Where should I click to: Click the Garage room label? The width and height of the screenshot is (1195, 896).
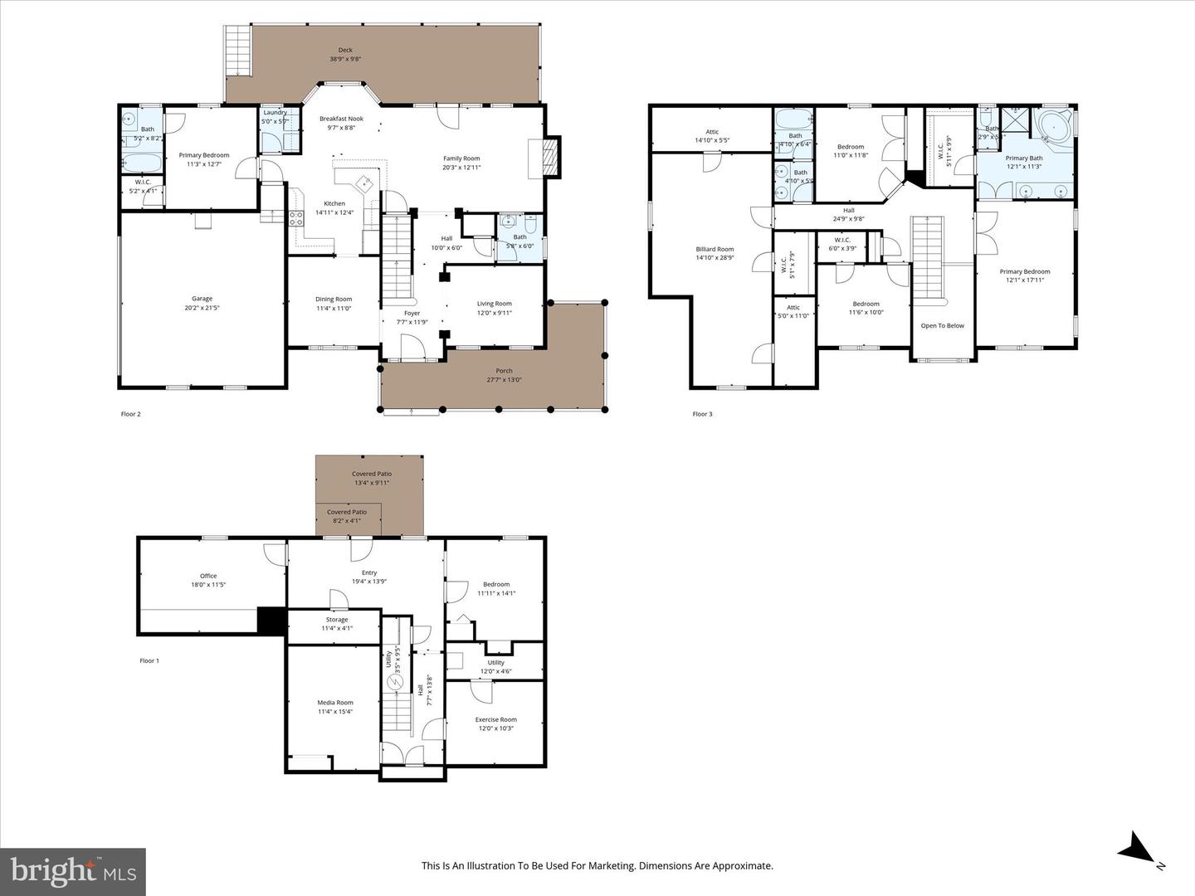click(x=202, y=299)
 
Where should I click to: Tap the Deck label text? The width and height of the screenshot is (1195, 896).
click(x=345, y=50)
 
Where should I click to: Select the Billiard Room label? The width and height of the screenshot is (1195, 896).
click(x=715, y=249)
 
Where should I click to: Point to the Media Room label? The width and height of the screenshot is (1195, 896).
click(x=334, y=703)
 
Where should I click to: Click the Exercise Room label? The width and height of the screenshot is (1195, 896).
click(x=495, y=719)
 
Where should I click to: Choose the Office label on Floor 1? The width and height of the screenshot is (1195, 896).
click(x=208, y=576)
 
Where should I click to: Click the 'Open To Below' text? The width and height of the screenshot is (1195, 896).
click(x=943, y=325)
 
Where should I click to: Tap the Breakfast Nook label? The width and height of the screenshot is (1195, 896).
click(x=341, y=119)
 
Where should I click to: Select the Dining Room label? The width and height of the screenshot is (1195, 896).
click(x=334, y=299)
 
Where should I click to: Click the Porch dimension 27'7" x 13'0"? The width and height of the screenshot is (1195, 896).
click(x=504, y=380)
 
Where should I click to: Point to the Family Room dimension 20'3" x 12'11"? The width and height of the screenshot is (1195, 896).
click(x=461, y=168)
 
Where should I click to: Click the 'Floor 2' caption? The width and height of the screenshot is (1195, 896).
click(x=131, y=414)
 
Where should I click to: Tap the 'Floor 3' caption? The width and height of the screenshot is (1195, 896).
click(x=702, y=414)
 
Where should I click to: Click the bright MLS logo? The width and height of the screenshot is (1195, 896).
click(x=73, y=871)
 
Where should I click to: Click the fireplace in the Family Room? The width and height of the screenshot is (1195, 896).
click(x=544, y=157)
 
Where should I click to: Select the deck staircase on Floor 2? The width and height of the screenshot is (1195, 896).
click(x=238, y=40)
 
